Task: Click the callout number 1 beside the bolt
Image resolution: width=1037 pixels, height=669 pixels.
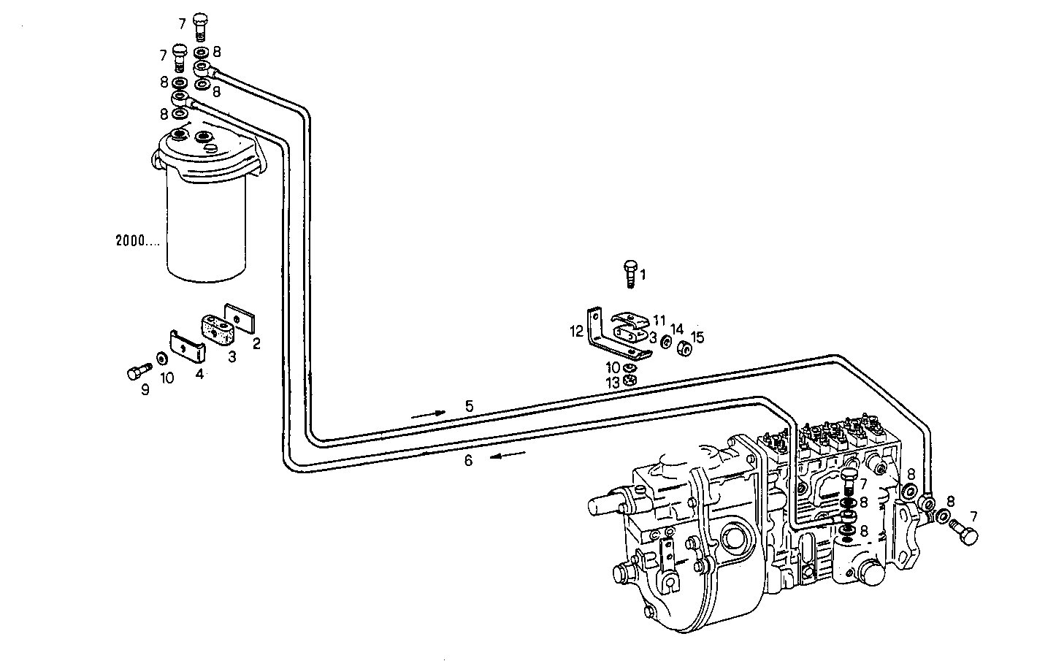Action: click(x=643, y=275)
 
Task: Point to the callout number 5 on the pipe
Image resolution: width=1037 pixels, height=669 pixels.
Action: click(x=470, y=405)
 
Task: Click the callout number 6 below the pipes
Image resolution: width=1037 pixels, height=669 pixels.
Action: click(x=468, y=460)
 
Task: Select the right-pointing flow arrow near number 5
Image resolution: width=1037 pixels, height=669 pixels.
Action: click(x=428, y=413)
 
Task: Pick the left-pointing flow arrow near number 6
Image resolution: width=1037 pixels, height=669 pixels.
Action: click(x=508, y=455)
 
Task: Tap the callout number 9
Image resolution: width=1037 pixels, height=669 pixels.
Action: click(x=145, y=391)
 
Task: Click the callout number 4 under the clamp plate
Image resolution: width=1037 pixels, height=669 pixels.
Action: click(x=199, y=374)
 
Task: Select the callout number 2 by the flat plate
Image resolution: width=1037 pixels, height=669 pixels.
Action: click(x=256, y=343)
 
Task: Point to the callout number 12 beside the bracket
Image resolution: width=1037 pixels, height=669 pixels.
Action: click(x=576, y=332)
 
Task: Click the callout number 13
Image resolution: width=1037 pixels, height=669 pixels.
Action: click(x=611, y=382)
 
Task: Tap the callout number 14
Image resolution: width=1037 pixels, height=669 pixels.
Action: click(x=677, y=329)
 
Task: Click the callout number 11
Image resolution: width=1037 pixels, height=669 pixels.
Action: click(x=659, y=319)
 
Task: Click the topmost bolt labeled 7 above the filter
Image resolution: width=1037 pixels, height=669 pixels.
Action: click(x=202, y=28)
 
